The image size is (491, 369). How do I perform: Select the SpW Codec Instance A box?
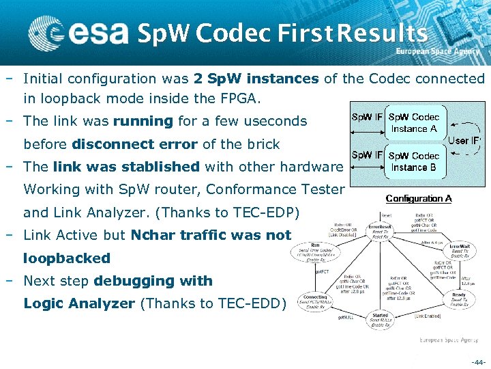point(414,123)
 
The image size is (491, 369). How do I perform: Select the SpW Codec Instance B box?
point(414,161)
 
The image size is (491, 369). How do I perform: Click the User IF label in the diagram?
point(464,141)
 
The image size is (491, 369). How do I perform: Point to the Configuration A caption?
point(419,199)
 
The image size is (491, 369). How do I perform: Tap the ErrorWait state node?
point(458,249)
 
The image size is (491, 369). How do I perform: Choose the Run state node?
point(317,248)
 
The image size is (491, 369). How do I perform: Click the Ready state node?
point(459,299)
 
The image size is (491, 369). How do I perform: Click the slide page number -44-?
point(478,361)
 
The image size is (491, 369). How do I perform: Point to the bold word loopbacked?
point(67,258)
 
